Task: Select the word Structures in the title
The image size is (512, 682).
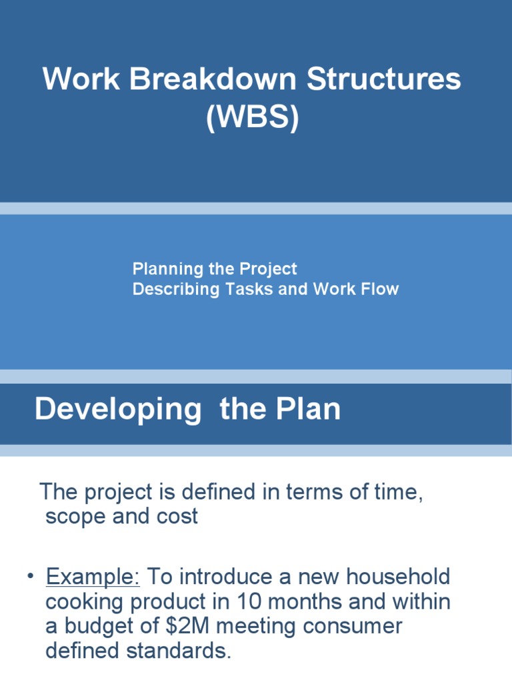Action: (x=383, y=80)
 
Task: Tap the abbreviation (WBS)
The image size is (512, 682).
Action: (x=252, y=118)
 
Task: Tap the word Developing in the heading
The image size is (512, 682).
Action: (x=118, y=409)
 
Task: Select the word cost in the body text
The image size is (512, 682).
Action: (x=176, y=517)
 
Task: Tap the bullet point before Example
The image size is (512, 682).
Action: (x=31, y=577)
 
